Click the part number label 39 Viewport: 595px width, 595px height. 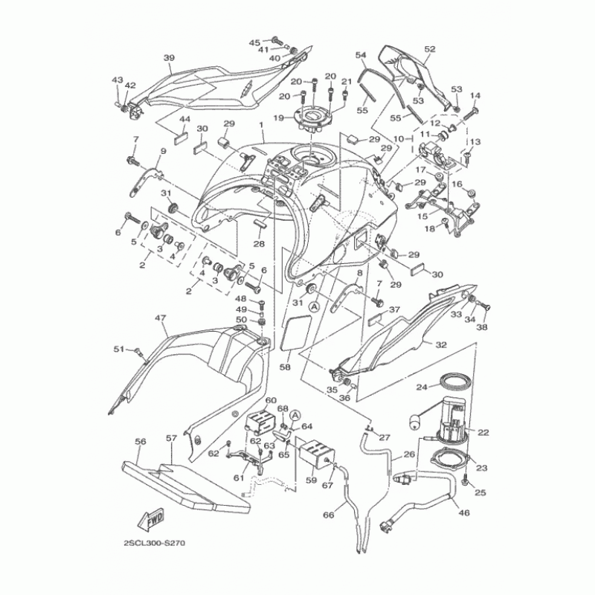(x=168, y=58)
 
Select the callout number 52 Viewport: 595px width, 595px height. (x=430, y=49)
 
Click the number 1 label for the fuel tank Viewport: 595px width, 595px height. (x=262, y=125)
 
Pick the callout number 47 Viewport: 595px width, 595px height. (x=159, y=318)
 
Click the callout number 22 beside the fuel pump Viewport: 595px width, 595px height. (x=483, y=432)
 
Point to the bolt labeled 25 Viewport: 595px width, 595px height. (x=465, y=481)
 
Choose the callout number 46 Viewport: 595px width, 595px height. (x=465, y=513)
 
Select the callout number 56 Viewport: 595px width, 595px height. (x=140, y=441)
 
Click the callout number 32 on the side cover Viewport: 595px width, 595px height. (x=441, y=345)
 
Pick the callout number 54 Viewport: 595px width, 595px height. (x=361, y=56)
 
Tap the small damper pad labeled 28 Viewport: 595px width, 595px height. (x=259, y=225)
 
